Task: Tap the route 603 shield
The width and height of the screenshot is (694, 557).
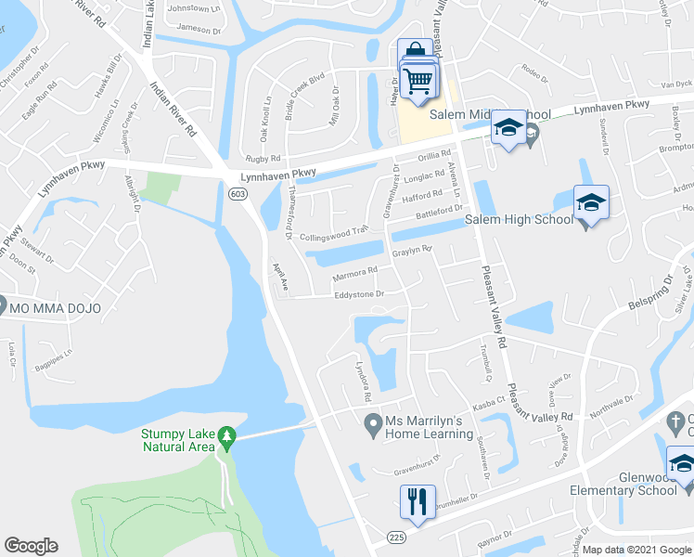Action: click(x=238, y=192)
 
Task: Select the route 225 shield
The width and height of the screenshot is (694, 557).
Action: click(x=397, y=538)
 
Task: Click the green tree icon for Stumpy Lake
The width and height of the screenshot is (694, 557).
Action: click(x=225, y=436)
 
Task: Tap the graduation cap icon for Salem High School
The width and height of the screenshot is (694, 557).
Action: click(x=588, y=202)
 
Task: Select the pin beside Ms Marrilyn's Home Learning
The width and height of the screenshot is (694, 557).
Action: click(x=372, y=427)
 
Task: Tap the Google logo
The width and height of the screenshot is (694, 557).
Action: click(x=31, y=546)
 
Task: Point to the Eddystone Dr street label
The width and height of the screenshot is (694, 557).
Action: click(x=358, y=295)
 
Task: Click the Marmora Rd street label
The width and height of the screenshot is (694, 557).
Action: click(x=355, y=273)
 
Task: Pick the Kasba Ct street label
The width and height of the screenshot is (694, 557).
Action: click(x=486, y=403)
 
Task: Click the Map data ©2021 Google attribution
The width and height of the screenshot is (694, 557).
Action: click(x=636, y=550)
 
